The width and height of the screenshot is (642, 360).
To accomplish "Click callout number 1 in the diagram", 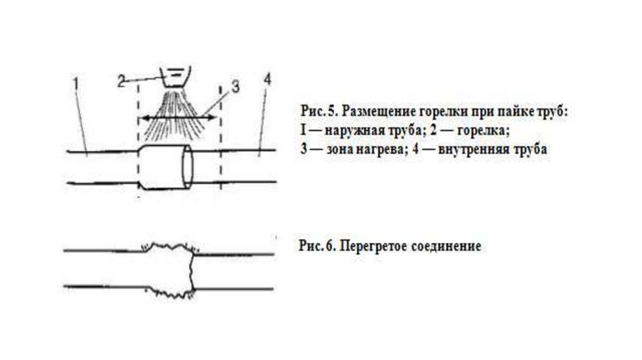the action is pos(75,82).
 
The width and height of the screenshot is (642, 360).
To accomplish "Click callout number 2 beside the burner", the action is pos(122,80).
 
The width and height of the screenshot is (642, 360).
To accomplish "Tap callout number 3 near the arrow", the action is pos(234,88).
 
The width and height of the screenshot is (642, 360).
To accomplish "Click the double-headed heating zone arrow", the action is pos(178,117).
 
